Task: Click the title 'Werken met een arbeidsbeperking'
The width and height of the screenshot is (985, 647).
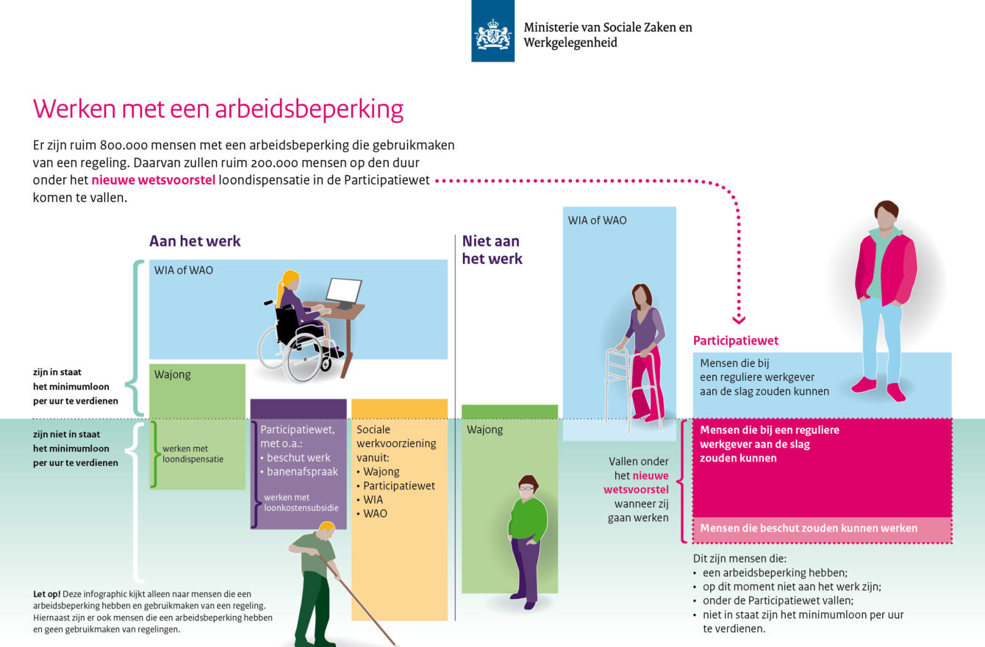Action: coord(218,109)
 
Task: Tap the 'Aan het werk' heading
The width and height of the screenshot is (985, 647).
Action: coord(195,241)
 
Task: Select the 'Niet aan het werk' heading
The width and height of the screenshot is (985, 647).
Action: coord(492,250)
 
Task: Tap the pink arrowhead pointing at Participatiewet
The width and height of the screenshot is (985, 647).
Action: coord(739,319)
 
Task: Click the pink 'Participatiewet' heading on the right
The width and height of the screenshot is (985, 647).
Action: coord(736,340)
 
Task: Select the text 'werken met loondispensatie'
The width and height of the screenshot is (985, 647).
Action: coord(193,454)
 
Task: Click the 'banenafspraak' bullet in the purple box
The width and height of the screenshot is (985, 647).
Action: coord(302,471)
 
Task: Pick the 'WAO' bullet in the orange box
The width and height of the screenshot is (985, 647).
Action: coord(371,514)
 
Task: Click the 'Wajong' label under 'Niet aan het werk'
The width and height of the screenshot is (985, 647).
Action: coord(484,429)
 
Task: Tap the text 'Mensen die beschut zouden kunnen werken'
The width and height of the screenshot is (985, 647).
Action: coord(809,528)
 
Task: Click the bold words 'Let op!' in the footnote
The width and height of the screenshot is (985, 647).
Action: coord(47,594)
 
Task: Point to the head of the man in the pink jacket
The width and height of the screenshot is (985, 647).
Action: coord(886,214)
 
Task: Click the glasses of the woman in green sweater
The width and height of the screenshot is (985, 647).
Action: coord(526,487)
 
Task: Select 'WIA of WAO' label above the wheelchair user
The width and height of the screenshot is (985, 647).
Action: coord(183,270)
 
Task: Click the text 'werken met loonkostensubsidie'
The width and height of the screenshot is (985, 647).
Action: coord(301,502)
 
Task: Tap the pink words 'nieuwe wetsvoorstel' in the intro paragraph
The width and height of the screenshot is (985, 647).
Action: coord(154,180)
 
